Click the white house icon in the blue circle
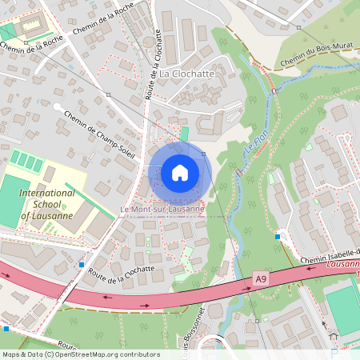point(179,173)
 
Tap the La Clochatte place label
point(186,74)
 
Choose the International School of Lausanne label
point(47,205)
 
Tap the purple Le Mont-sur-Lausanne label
point(162,210)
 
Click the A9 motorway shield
point(260,278)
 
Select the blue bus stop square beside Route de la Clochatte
point(82,264)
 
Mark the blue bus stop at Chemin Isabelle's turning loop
point(278,236)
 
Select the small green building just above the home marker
point(186,134)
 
